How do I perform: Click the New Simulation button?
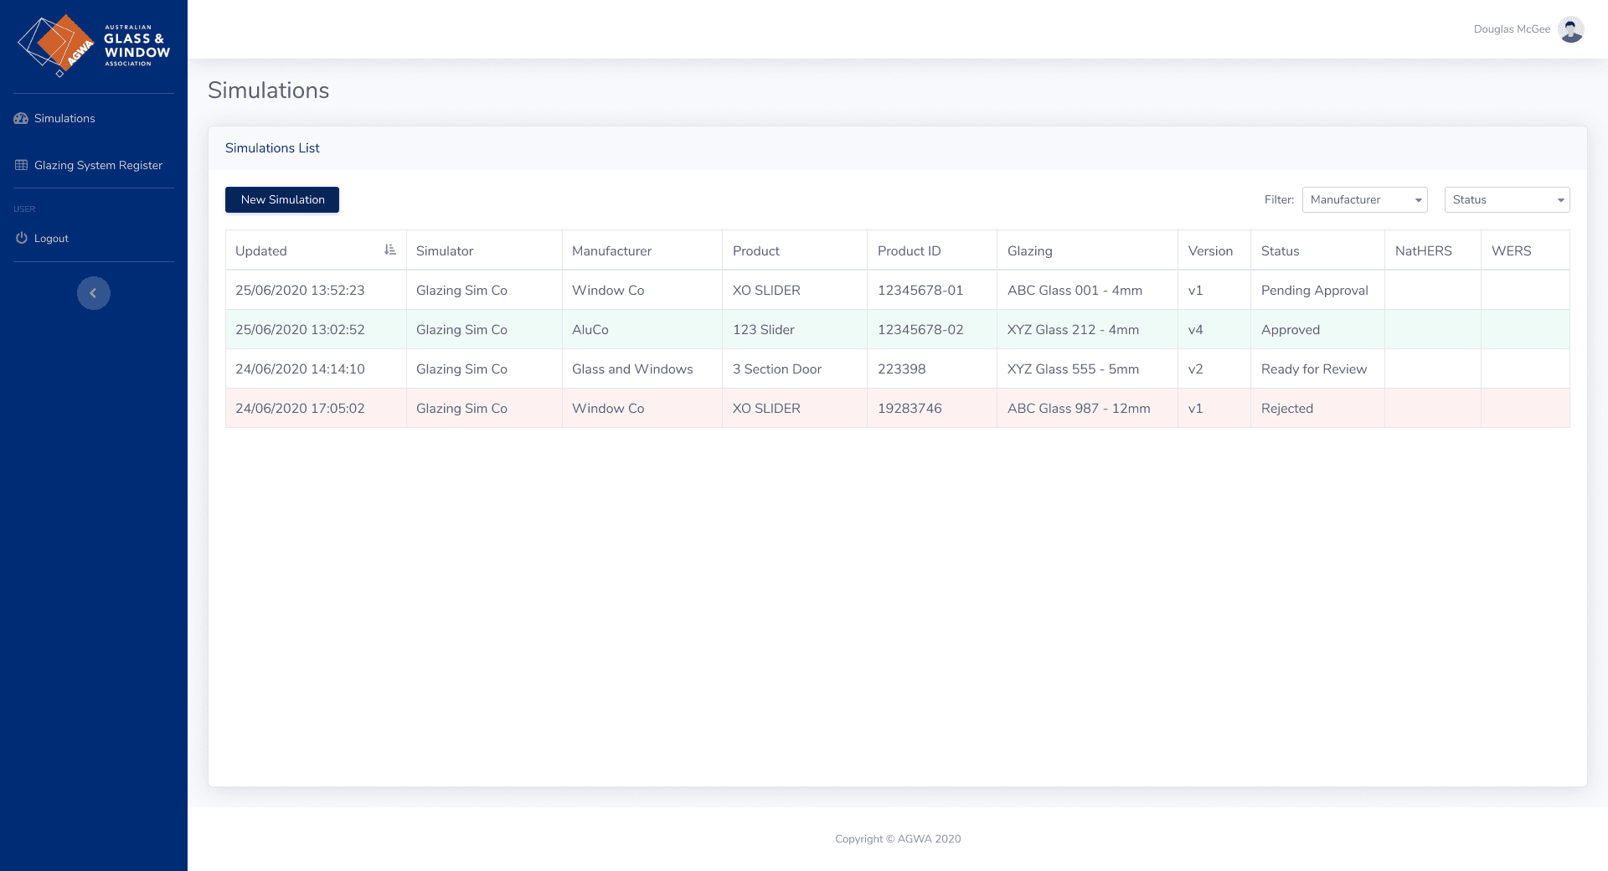pos(282,199)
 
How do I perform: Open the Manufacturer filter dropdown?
pos(1364,199)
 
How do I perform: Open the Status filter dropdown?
pos(1507,199)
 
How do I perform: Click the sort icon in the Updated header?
pos(389,250)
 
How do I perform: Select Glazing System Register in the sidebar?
pos(98,165)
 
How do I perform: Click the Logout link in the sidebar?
pos(51,238)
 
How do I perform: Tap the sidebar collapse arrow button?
pos(94,293)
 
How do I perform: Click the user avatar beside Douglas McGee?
pos(1570,29)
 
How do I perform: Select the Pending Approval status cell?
pos(1314,290)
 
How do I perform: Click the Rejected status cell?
pos(1286,408)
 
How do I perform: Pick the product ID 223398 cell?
pos(901,368)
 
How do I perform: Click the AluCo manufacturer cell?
pos(590,329)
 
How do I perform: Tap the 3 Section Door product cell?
pos(776,368)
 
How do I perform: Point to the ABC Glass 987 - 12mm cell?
pos(1078,408)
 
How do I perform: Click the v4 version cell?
pos(1195,329)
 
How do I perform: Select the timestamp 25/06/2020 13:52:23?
pos(300,290)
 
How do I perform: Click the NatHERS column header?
pos(1423,250)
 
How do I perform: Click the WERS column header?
pos(1511,250)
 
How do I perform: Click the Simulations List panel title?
pos(272,147)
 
